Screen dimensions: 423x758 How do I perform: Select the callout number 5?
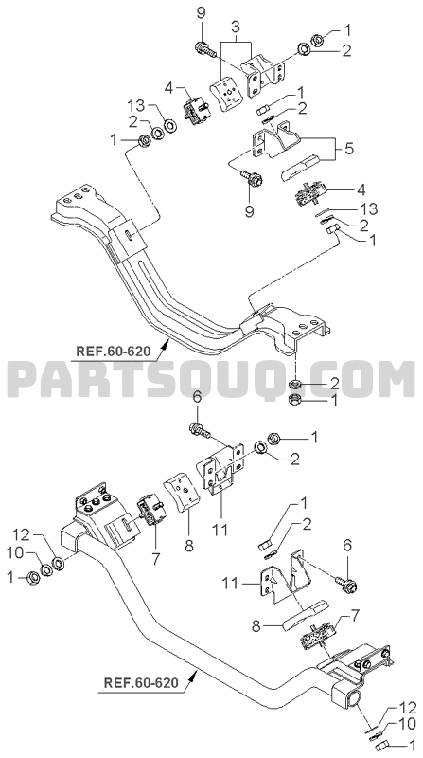[348, 148]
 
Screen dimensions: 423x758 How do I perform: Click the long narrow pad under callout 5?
[300, 167]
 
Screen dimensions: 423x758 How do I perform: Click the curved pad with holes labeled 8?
[184, 494]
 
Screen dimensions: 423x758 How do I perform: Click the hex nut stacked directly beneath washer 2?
[293, 400]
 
